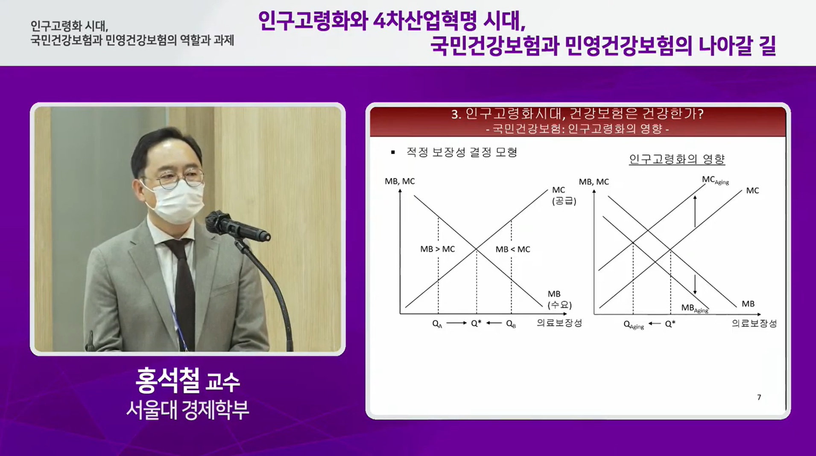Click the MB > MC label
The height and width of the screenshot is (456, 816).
(437, 249)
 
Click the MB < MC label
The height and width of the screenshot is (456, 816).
(512, 249)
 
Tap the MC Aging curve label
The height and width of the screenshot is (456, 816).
(715, 180)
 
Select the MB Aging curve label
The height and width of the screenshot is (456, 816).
(694, 308)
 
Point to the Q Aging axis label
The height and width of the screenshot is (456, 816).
(633, 325)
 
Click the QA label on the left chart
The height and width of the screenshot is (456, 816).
(437, 324)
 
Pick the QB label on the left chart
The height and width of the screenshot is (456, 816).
(511, 324)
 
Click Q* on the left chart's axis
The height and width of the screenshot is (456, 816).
(476, 323)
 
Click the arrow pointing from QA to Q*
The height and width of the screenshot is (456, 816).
(456, 323)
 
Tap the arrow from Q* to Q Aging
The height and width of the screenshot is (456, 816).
(654, 323)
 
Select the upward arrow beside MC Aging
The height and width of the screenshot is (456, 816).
(695, 211)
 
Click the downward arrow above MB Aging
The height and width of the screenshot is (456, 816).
(695, 285)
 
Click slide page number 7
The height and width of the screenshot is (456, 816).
(759, 397)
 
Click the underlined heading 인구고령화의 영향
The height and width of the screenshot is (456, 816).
(677, 159)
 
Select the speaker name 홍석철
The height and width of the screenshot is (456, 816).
(167, 380)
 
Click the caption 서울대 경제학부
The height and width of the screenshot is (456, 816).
(187, 410)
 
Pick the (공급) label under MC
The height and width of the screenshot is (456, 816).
(564, 201)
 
